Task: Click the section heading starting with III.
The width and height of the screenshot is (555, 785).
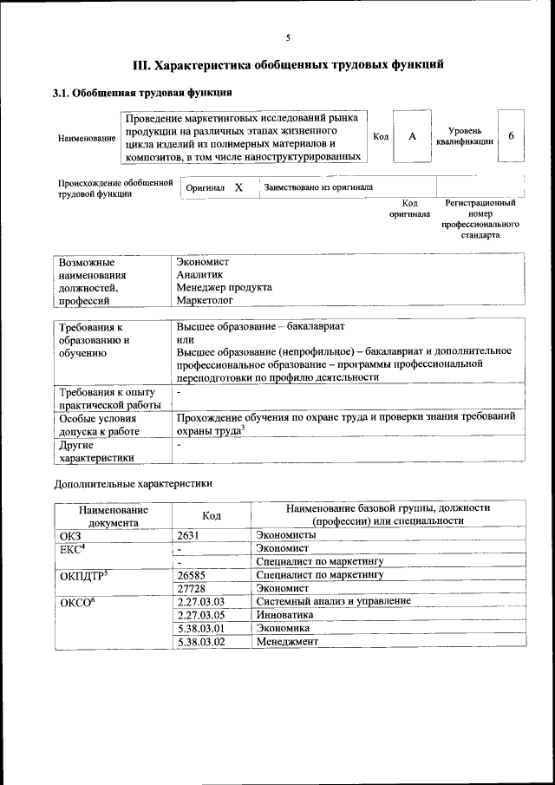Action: [288, 64]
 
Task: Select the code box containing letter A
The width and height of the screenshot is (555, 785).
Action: [413, 136]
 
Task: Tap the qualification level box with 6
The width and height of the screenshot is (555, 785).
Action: [512, 136]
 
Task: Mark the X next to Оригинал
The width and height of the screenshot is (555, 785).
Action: [238, 187]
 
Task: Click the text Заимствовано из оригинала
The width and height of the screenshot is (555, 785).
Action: [318, 187]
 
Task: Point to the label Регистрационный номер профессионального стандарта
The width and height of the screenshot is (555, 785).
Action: [480, 219]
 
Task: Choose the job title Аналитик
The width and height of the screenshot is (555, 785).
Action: [199, 274]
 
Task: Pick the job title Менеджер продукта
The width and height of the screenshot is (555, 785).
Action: [224, 287]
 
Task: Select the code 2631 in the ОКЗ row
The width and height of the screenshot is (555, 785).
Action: [188, 535]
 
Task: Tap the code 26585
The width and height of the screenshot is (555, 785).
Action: [191, 574]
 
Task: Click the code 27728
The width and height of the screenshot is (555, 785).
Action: [191, 587]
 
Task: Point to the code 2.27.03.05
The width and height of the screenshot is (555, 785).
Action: [199, 614]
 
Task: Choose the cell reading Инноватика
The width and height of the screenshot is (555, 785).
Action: [285, 614]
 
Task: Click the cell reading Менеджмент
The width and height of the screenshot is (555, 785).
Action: [288, 641]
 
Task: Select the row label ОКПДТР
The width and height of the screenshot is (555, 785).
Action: [83, 574]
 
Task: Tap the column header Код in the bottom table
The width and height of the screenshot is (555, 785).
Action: [212, 515]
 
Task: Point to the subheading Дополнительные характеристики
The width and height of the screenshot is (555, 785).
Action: [133, 482]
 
